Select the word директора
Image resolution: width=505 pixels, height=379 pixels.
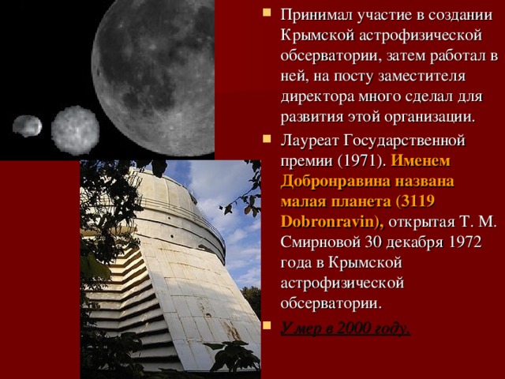(x=316, y=98)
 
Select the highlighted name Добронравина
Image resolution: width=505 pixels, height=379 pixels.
(x=329, y=182)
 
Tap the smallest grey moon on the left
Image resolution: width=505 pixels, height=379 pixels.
(x=27, y=126)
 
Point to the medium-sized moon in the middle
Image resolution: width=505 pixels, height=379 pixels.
(x=75, y=129)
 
